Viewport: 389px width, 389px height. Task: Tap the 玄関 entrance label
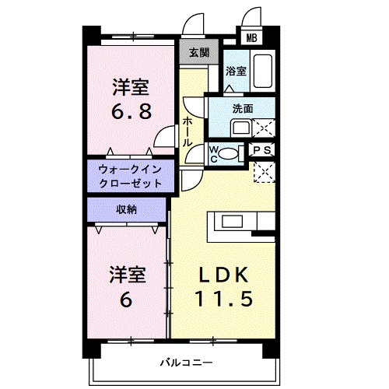[199, 53]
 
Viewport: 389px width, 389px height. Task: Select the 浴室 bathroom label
[236, 71]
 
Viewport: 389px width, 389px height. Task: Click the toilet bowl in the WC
[228, 153]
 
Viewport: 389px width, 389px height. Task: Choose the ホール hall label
[187, 131]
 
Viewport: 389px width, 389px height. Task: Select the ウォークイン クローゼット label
[130, 177]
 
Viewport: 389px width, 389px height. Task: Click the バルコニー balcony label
[185, 362]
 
